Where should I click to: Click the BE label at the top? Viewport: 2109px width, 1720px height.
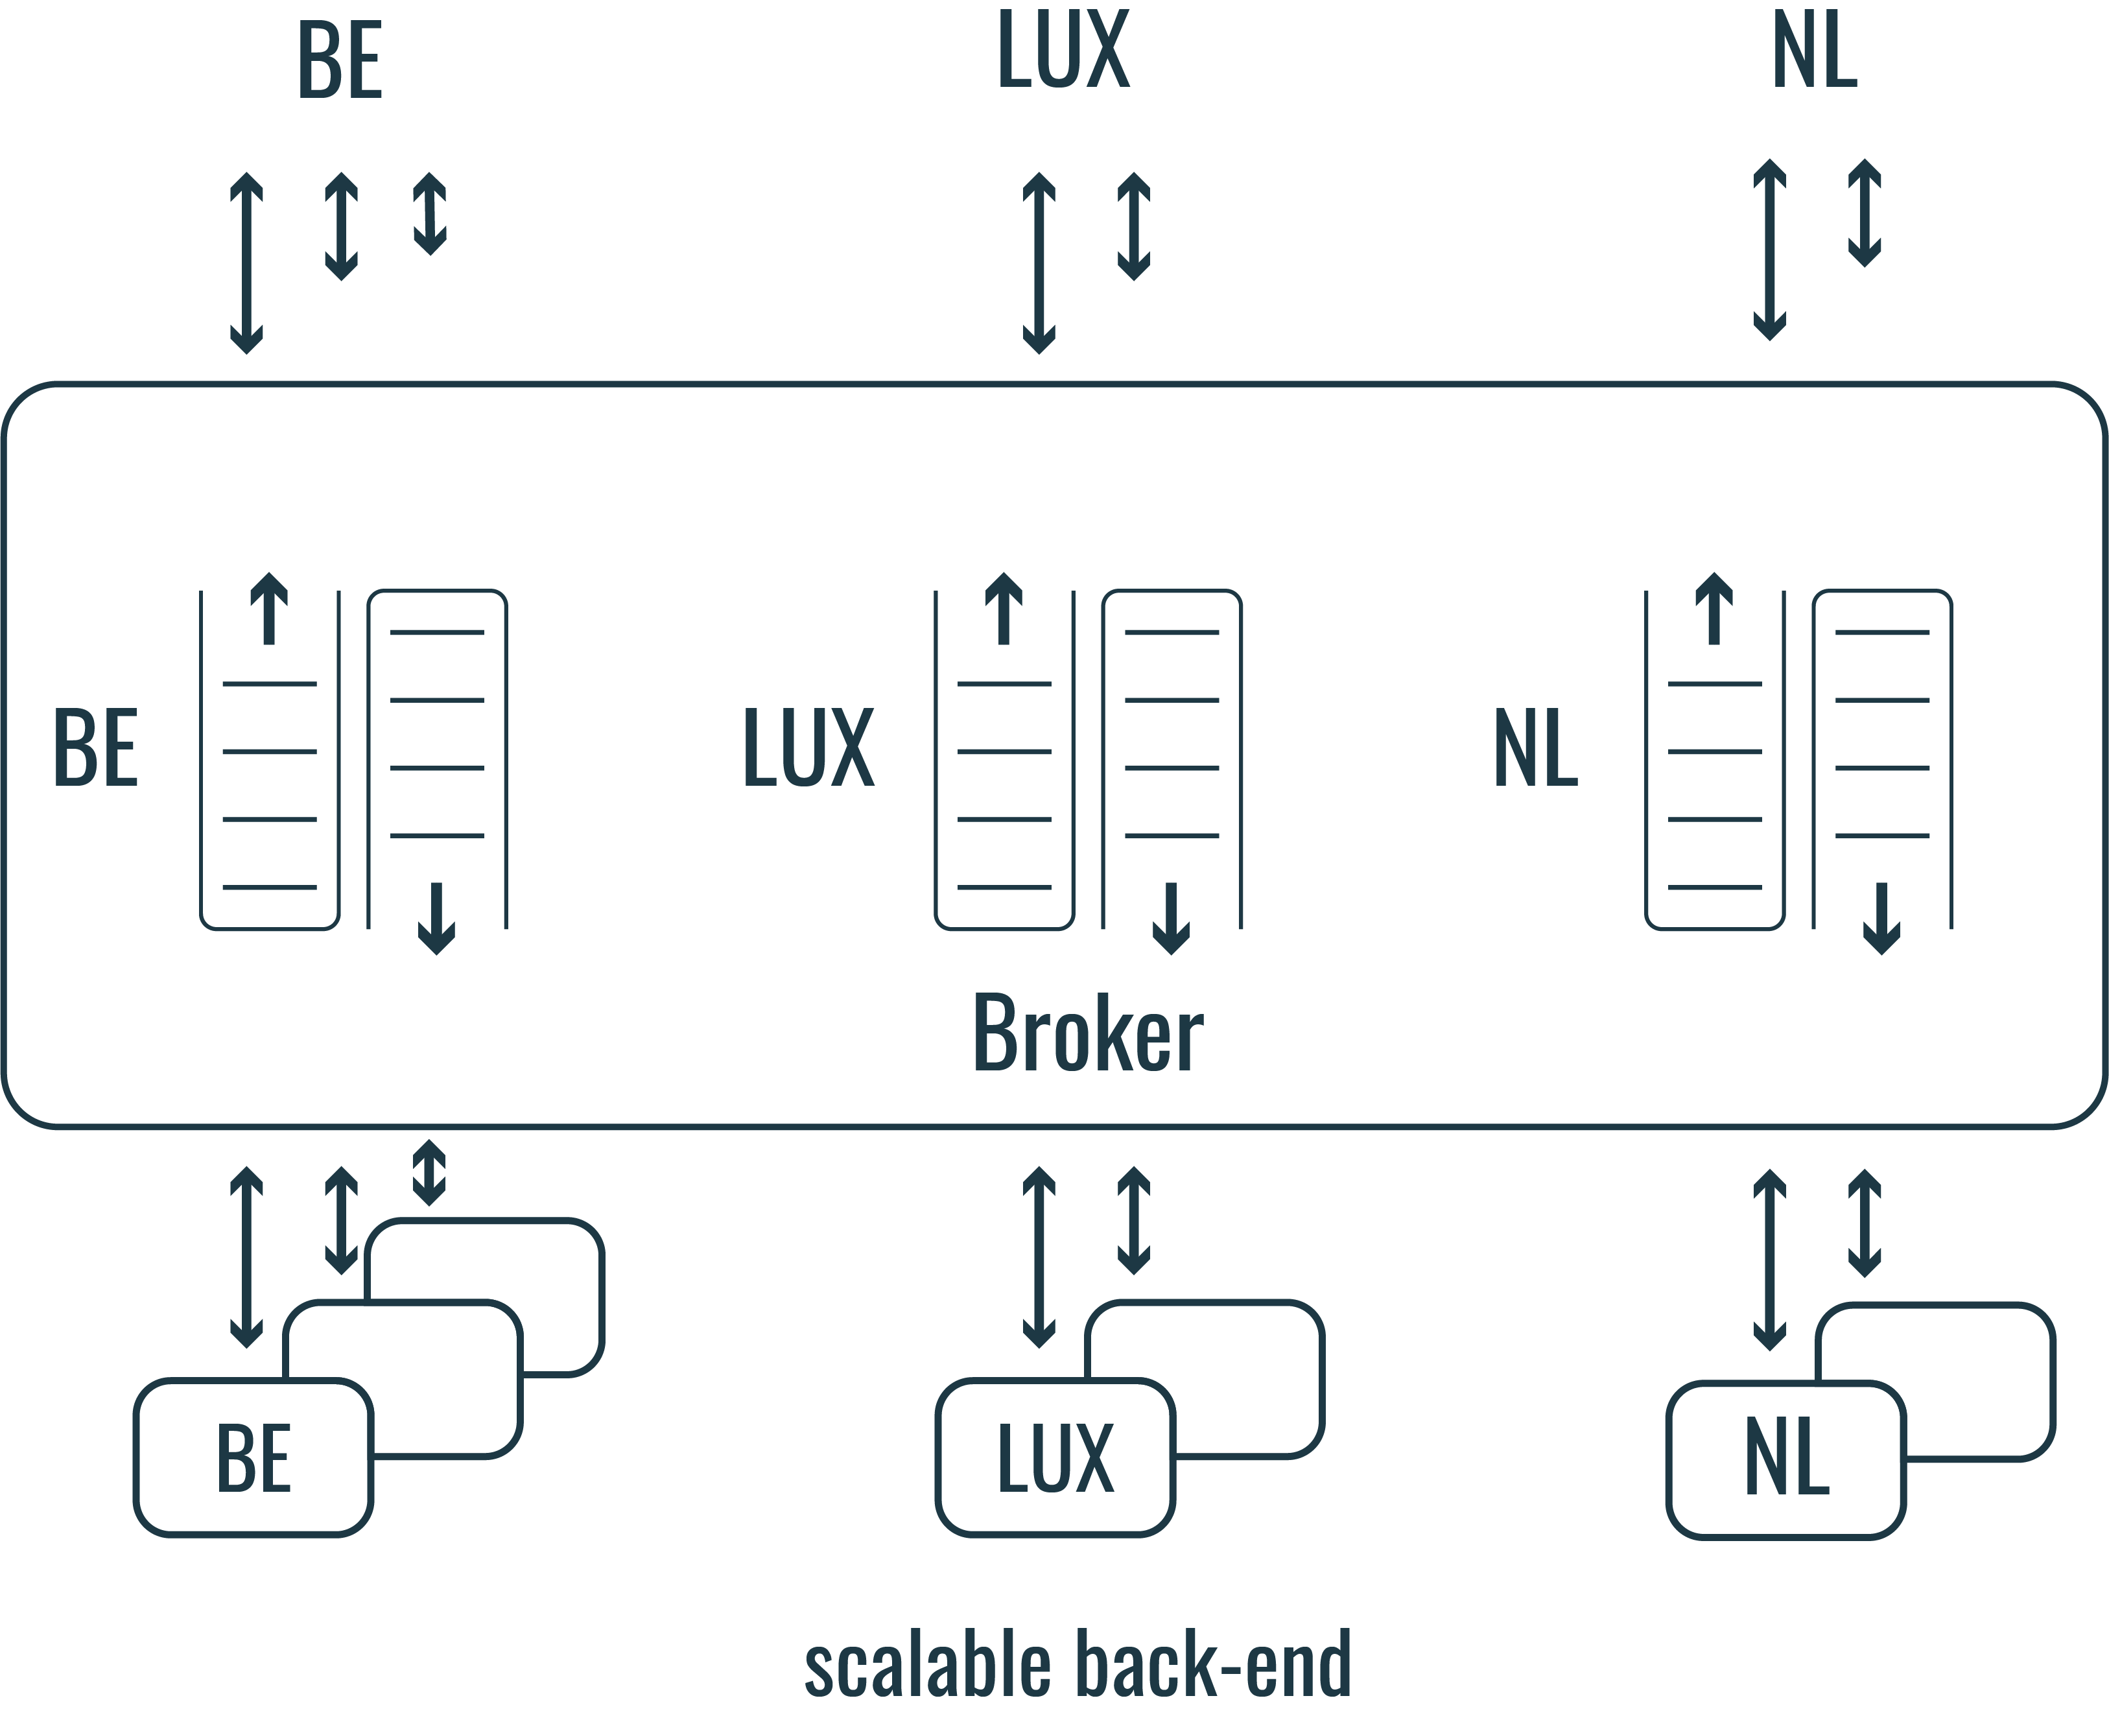pyautogui.click(x=340, y=62)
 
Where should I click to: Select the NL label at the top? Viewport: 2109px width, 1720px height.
pyautogui.click(x=1814, y=51)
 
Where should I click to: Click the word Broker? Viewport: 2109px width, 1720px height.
pyautogui.click(x=1088, y=1034)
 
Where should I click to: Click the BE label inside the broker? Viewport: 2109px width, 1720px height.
pyautogui.click(x=95, y=748)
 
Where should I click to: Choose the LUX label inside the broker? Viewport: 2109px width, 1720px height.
pyautogui.click(x=808, y=748)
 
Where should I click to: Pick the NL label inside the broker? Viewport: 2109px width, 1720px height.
pyautogui.click(x=1535, y=748)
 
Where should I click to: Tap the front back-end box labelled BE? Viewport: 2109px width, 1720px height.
pyautogui.click(x=253, y=1457)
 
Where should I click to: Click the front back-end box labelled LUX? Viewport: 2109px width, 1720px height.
pyautogui.click(x=1055, y=1457)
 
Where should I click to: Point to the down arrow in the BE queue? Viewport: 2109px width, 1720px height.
pyautogui.click(x=436, y=917)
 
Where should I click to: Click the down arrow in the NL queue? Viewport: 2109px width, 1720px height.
pyautogui.click(x=1881, y=917)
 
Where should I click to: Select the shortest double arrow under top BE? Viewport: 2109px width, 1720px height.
pyautogui.click(x=430, y=214)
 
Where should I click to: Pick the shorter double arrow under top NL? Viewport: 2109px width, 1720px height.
pyautogui.click(x=1865, y=213)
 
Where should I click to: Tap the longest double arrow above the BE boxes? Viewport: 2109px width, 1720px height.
pyautogui.click(x=246, y=1257)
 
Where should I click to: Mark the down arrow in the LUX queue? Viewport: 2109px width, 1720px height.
pyautogui.click(x=1171, y=917)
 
